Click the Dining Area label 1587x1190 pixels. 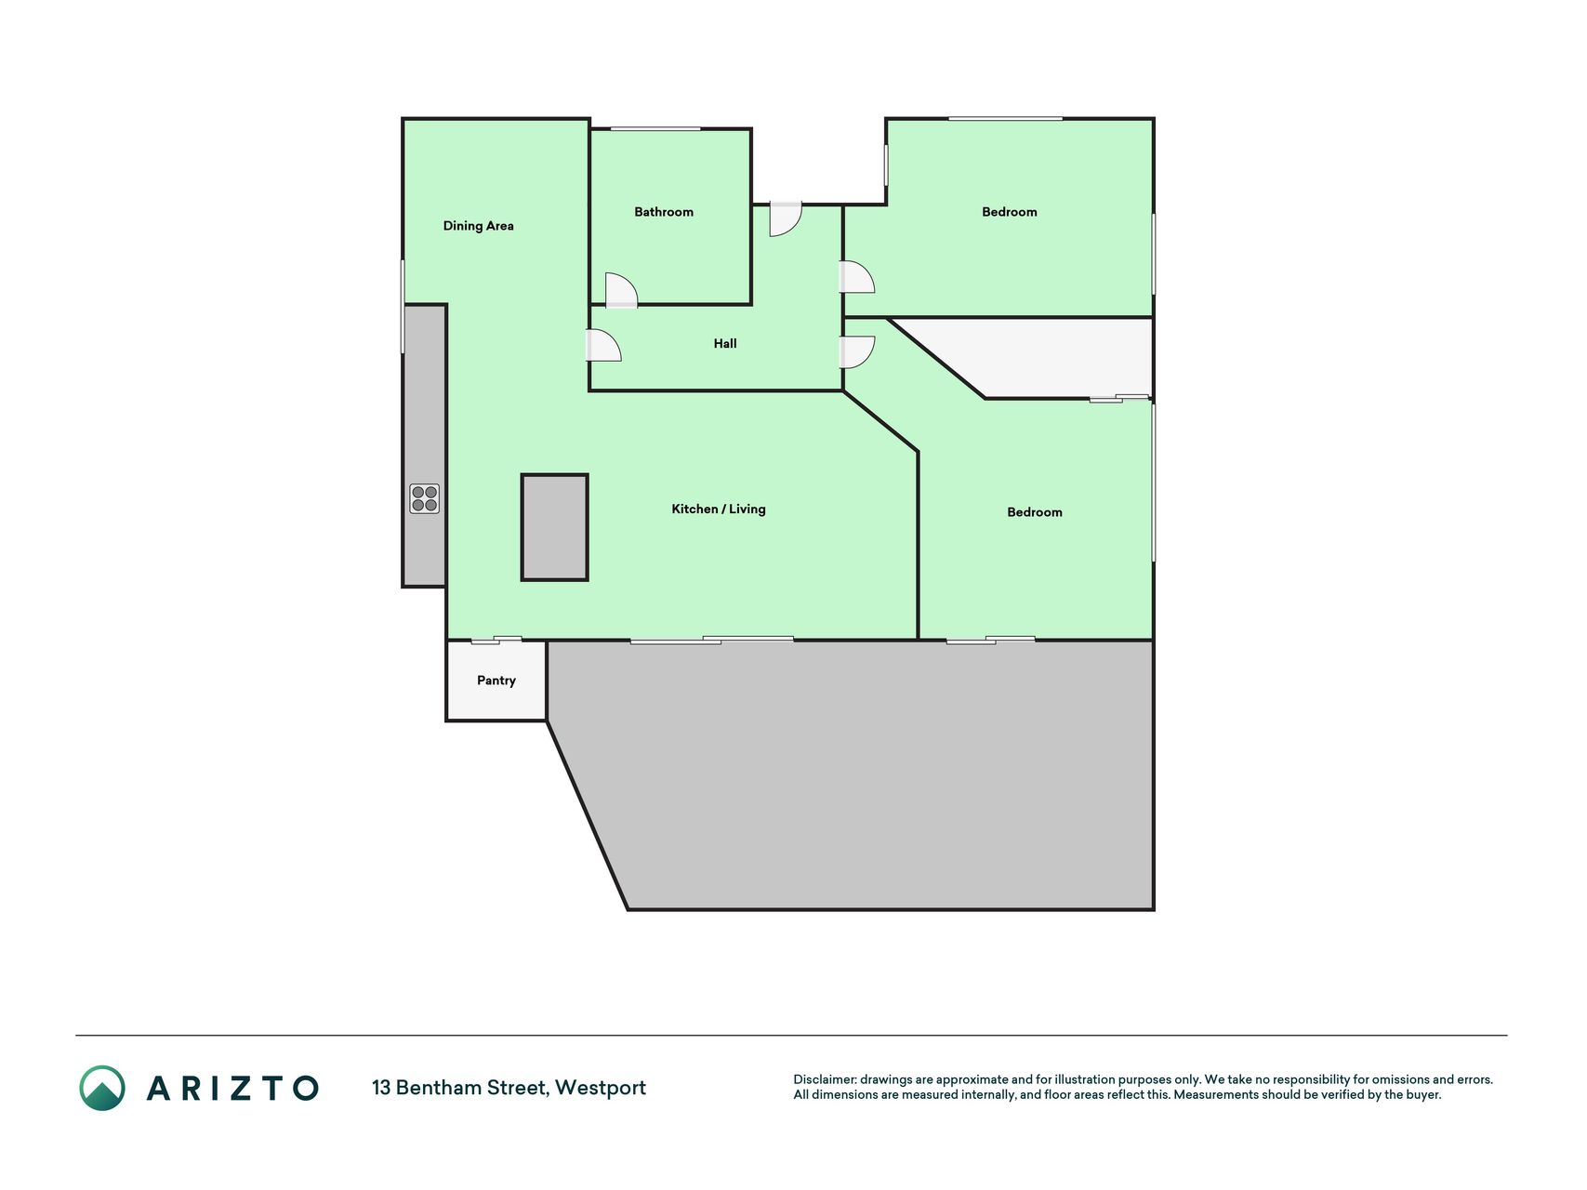[x=478, y=226]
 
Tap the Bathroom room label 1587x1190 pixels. [x=664, y=212]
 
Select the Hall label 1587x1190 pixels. [x=725, y=344]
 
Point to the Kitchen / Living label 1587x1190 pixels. [x=719, y=509]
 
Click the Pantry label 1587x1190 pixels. [x=496, y=681]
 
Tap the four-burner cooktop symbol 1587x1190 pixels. [x=425, y=498]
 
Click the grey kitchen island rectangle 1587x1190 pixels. [x=555, y=528]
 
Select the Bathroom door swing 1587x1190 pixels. [x=621, y=290]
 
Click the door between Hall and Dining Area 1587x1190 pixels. [x=603, y=345]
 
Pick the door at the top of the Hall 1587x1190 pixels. [x=786, y=218]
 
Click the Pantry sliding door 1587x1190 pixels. [x=496, y=640]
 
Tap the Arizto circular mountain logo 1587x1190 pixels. [x=102, y=1088]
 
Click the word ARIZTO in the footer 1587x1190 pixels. [x=232, y=1088]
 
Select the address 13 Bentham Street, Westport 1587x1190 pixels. [x=509, y=1088]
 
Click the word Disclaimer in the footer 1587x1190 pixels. [x=824, y=1079]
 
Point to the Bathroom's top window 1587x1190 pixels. [x=655, y=128]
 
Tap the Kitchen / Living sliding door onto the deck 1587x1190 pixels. [x=712, y=640]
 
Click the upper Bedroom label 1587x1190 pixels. [x=1010, y=212]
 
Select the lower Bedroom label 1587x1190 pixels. [x=1035, y=512]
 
